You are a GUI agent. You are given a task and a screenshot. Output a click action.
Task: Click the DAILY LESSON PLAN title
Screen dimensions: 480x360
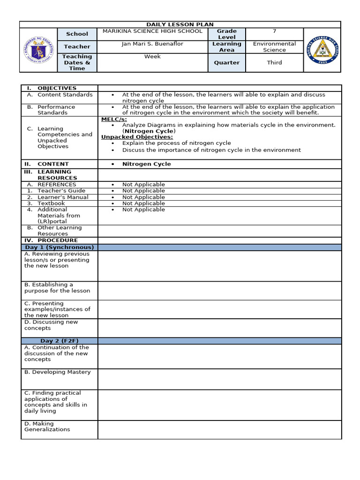180,24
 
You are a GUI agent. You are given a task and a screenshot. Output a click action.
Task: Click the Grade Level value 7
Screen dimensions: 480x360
274,31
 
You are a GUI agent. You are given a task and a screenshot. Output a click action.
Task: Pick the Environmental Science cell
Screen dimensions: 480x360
274,47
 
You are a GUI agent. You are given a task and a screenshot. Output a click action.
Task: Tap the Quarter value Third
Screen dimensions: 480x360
274,62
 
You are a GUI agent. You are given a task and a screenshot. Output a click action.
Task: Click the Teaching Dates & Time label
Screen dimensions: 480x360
77,62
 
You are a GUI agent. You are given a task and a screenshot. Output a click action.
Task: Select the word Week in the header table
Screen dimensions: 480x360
152,56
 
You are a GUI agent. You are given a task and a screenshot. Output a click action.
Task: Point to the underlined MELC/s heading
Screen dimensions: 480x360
112,119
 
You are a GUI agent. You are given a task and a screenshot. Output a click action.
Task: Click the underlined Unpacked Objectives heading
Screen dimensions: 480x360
137,137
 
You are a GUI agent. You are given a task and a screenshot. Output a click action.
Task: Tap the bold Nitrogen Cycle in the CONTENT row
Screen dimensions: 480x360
146,164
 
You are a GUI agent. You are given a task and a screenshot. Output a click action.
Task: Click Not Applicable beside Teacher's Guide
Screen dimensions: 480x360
143,191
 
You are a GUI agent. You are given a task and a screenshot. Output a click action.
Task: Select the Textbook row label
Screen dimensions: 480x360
51,203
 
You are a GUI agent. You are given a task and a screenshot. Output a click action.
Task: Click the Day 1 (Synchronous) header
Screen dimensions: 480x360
60,247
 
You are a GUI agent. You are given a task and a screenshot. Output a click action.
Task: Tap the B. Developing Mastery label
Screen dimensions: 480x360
58,372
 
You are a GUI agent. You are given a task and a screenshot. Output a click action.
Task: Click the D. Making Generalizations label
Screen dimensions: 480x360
47,427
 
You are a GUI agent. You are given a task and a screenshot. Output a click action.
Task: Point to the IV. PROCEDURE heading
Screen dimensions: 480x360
52,240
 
